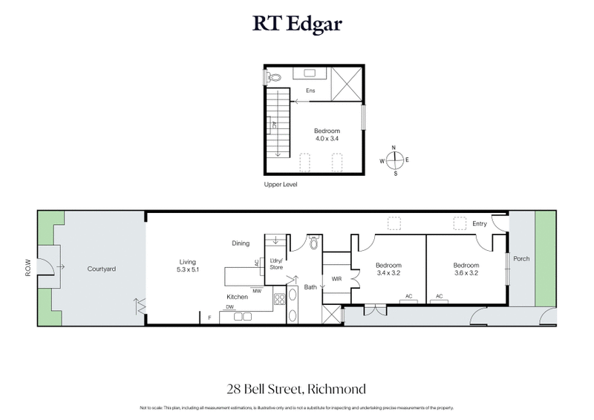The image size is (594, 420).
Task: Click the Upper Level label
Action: pyautogui.click(x=281, y=183)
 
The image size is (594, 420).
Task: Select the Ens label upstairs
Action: pyautogui.click(x=310, y=91)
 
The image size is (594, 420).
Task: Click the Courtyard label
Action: pyautogui.click(x=101, y=269)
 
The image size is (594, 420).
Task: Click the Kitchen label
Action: pyautogui.click(x=237, y=297)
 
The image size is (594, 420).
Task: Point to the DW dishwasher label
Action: pyautogui.click(x=230, y=306)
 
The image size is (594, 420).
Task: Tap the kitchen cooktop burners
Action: pyautogui.click(x=281, y=301)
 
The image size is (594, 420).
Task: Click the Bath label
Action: pyautogui.click(x=310, y=286)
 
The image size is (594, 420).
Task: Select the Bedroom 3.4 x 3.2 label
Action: pyautogui.click(x=388, y=269)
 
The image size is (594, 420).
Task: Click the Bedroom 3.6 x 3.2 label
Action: pyautogui.click(x=466, y=269)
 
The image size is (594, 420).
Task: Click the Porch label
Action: pyautogui.click(x=521, y=259)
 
